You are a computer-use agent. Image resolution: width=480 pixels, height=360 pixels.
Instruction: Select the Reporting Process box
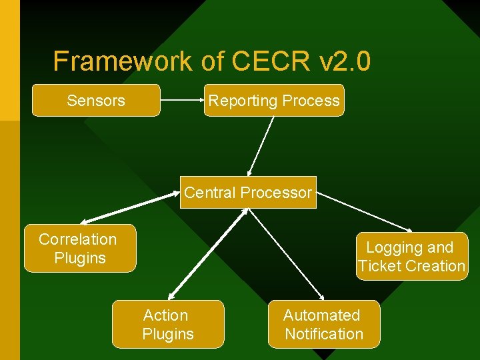[x=274, y=101]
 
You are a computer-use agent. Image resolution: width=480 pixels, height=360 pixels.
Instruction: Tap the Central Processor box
[x=248, y=193]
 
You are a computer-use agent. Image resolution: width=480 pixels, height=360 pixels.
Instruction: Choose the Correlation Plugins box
[x=79, y=249]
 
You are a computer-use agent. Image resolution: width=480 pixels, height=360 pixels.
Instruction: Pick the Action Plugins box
[x=168, y=325]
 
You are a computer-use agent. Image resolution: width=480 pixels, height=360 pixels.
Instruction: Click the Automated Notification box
[x=324, y=325]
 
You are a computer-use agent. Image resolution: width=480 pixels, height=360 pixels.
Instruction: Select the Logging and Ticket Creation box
[x=412, y=257]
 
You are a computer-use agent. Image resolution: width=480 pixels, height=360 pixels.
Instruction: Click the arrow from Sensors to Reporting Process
[x=182, y=101]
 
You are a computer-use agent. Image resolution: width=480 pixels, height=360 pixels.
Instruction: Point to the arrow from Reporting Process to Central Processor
[x=261, y=146]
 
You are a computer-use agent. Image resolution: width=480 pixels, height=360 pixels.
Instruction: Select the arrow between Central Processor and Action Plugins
[x=207, y=253]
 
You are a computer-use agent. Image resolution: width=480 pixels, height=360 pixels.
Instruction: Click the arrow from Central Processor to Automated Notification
[x=286, y=254]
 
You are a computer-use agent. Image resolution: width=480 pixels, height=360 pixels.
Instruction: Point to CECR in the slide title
[x=271, y=61]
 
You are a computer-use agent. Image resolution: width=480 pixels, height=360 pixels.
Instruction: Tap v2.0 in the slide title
[x=345, y=61]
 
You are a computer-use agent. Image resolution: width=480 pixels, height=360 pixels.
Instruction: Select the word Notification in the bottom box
[x=324, y=334]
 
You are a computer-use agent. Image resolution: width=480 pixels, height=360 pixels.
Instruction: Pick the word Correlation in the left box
[x=77, y=239]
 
